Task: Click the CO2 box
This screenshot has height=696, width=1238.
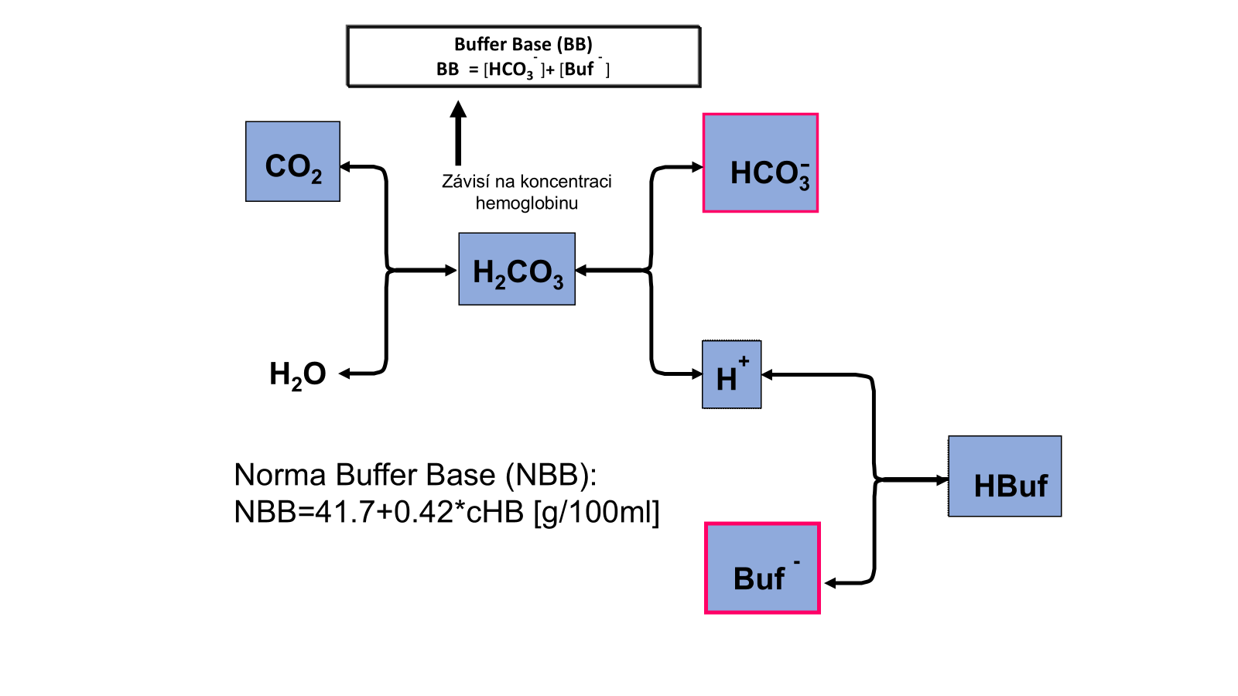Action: (x=292, y=162)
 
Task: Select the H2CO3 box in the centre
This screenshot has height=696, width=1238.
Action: (x=517, y=269)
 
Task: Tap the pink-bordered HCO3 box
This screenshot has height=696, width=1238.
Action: (x=761, y=163)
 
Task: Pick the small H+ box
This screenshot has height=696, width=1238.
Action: (x=732, y=374)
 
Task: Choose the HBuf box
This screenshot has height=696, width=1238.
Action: (x=1005, y=476)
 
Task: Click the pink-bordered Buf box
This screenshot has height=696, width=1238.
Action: (x=762, y=568)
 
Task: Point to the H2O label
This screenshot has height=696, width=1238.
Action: (x=297, y=374)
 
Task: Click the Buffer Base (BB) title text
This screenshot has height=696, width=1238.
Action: (x=523, y=44)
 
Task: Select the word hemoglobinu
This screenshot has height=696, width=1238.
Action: (x=526, y=203)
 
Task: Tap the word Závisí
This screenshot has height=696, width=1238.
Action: (x=466, y=182)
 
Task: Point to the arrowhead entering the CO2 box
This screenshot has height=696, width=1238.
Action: (x=345, y=166)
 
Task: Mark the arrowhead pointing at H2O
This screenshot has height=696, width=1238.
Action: (x=345, y=374)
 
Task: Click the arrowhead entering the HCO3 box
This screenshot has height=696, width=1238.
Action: (x=697, y=167)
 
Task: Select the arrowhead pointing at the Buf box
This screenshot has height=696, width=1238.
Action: (x=830, y=583)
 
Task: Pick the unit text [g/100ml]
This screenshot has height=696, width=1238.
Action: (x=597, y=512)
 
